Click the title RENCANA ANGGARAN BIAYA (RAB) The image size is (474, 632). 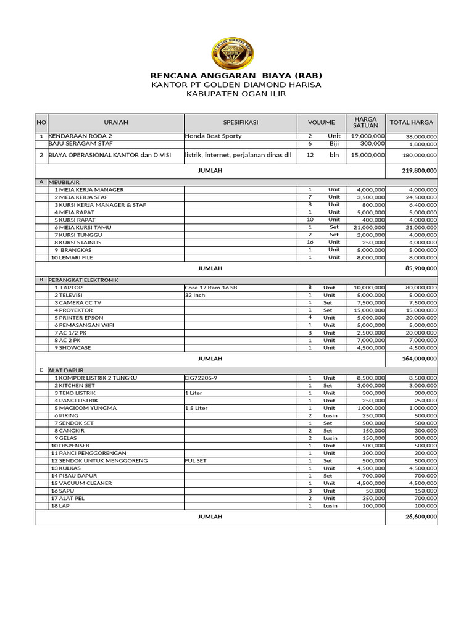coord(236,75)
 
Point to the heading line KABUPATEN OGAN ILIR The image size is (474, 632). coord(236,94)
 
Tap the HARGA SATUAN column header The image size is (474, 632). coord(365,122)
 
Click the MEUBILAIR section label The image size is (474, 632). coord(65,183)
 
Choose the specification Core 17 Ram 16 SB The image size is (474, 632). coord(210,288)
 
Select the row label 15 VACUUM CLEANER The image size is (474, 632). coord(81,483)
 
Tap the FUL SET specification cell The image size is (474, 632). coord(196,461)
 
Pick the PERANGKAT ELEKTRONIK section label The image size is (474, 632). coord(83,280)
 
